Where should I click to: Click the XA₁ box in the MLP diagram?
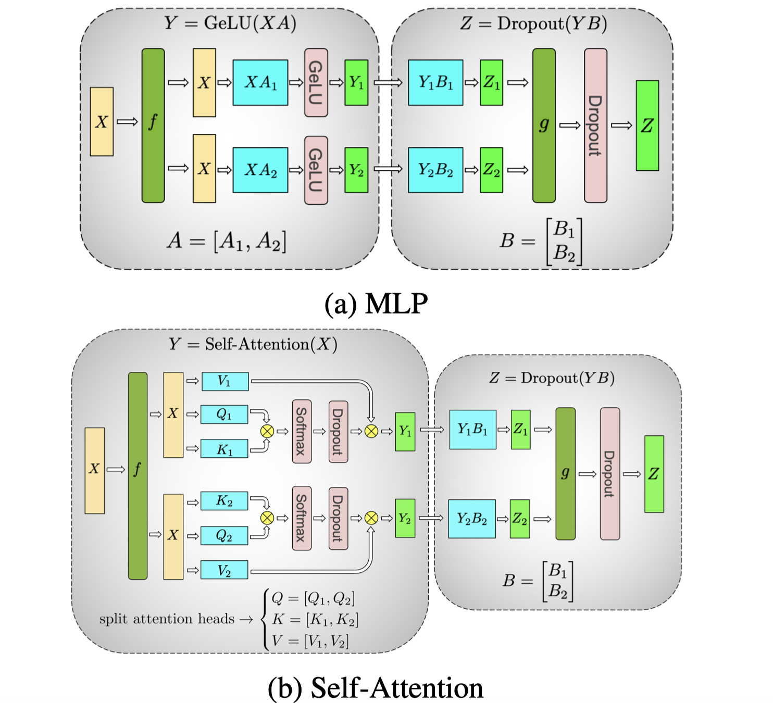tap(260, 82)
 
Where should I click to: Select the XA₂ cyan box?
tap(260, 170)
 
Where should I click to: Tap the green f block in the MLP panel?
tap(153, 125)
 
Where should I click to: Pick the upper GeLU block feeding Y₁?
tap(316, 82)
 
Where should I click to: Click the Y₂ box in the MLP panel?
tap(356, 170)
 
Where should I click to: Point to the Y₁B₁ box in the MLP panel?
tap(435, 82)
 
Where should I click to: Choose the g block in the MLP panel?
tap(544, 125)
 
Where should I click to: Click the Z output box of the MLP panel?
tap(647, 125)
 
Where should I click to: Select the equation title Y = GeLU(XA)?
tap(230, 23)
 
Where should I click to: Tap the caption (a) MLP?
tap(376, 304)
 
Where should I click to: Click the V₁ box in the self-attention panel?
tap(225, 381)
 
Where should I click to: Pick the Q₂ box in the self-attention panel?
tap(224, 535)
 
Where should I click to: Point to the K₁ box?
tap(225, 449)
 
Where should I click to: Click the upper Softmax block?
tap(302, 431)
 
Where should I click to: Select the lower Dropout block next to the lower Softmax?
tap(338, 518)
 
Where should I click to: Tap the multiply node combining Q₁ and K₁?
tap(267, 431)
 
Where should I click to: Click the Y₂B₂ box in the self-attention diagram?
tap(472, 519)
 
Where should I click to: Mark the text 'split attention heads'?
tap(167, 619)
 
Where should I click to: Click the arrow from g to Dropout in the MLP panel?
tap(570, 125)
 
